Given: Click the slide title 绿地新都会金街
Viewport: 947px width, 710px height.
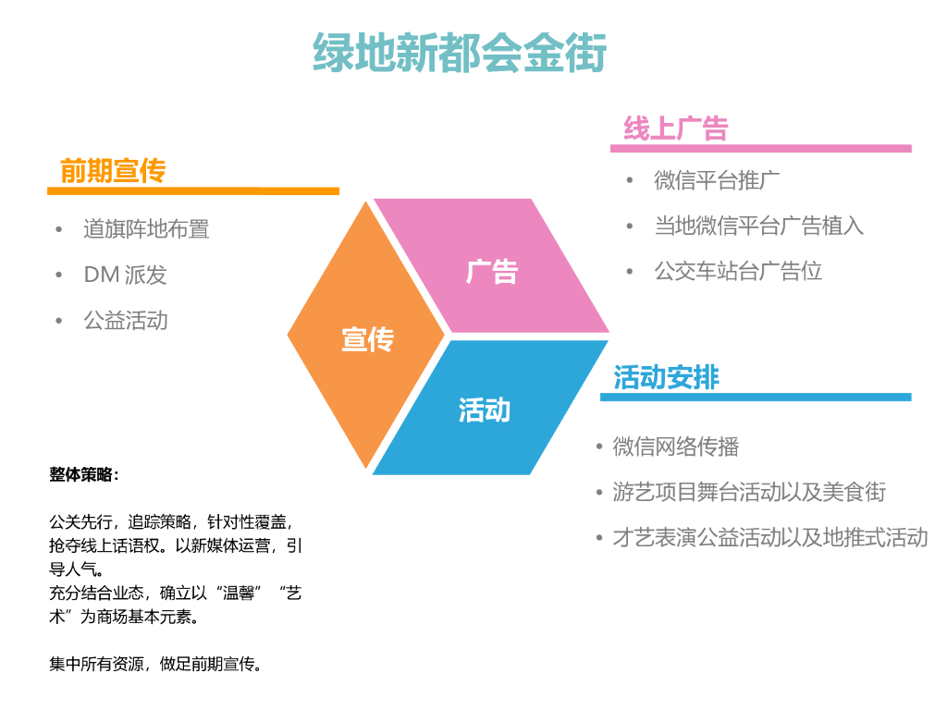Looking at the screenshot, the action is (460, 53).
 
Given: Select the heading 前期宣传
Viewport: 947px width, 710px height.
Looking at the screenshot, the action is (113, 171).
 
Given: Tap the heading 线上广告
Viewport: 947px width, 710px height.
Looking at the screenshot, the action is (675, 129).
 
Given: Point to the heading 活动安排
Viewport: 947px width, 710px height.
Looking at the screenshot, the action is (666, 377).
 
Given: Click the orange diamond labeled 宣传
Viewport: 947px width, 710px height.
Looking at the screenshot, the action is (367, 338).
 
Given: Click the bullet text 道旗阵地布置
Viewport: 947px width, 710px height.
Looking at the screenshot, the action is (146, 229).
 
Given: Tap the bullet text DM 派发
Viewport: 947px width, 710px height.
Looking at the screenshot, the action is (125, 275).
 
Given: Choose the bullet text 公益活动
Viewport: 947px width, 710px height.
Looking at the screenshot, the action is (126, 321).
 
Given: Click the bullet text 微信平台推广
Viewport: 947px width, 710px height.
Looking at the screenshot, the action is (717, 180).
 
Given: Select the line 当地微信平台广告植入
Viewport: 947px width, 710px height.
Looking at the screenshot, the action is (758, 226).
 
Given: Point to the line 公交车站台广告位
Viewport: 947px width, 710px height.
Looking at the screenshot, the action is (738, 271).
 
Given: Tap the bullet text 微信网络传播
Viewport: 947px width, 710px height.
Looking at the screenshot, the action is (675, 447).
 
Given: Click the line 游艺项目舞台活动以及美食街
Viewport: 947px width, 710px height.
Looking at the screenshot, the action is (749, 492).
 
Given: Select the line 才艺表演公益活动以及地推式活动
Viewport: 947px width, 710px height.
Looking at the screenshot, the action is (769, 537).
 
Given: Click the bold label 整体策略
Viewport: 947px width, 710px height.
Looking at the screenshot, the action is (84, 475).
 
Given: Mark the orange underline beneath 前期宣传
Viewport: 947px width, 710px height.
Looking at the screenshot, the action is (193, 191).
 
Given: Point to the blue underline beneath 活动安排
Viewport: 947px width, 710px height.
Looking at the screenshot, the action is (756, 398).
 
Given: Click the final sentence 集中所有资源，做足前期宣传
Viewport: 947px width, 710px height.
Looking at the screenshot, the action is (155, 664).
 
